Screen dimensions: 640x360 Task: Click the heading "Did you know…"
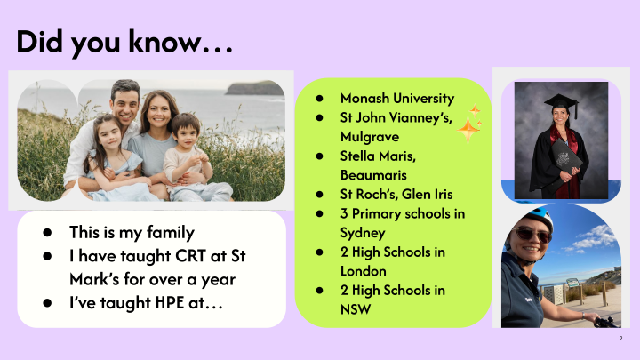tap(124, 43)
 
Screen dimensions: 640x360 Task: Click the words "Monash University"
tap(397, 99)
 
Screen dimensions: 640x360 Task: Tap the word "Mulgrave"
tap(370, 137)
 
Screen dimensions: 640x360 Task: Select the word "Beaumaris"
tap(373, 175)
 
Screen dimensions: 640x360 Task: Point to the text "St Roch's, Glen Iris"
tap(396, 195)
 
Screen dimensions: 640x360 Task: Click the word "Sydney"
tap(363, 233)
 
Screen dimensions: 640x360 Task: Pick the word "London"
tap(364, 271)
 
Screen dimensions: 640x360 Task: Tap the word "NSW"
tap(356, 309)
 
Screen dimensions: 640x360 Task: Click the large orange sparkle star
tap(468, 131)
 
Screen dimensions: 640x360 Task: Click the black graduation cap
tap(562, 103)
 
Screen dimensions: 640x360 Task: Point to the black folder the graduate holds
tap(566, 160)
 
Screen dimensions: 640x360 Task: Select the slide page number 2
tap(620, 339)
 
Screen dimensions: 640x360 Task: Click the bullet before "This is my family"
tap(47, 232)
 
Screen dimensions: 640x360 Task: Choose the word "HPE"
tap(164, 303)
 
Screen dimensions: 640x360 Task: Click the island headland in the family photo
tap(254, 88)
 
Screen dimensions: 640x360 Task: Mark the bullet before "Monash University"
tap(319, 99)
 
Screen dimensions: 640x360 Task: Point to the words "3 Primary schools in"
tap(403, 213)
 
